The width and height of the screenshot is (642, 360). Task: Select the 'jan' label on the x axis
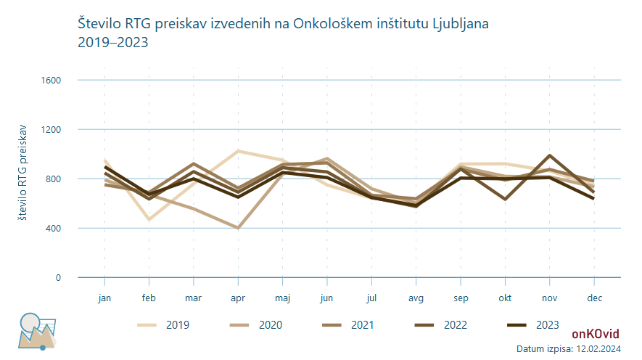pyautogui.click(x=105, y=298)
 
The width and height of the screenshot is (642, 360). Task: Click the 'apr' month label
pyautogui.click(x=238, y=298)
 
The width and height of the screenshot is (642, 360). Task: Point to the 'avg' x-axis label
pyautogui.click(x=416, y=298)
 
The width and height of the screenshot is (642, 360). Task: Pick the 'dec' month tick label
pyautogui.click(x=593, y=298)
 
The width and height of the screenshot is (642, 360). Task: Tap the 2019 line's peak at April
pyautogui.click(x=238, y=151)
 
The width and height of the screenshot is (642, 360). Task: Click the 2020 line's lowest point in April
pyautogui.click(x=238, y=228)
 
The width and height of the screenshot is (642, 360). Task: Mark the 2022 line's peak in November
pyautogui.click(x=549, y=155)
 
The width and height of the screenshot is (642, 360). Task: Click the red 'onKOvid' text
pyautogui.click(x=595, y=334)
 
